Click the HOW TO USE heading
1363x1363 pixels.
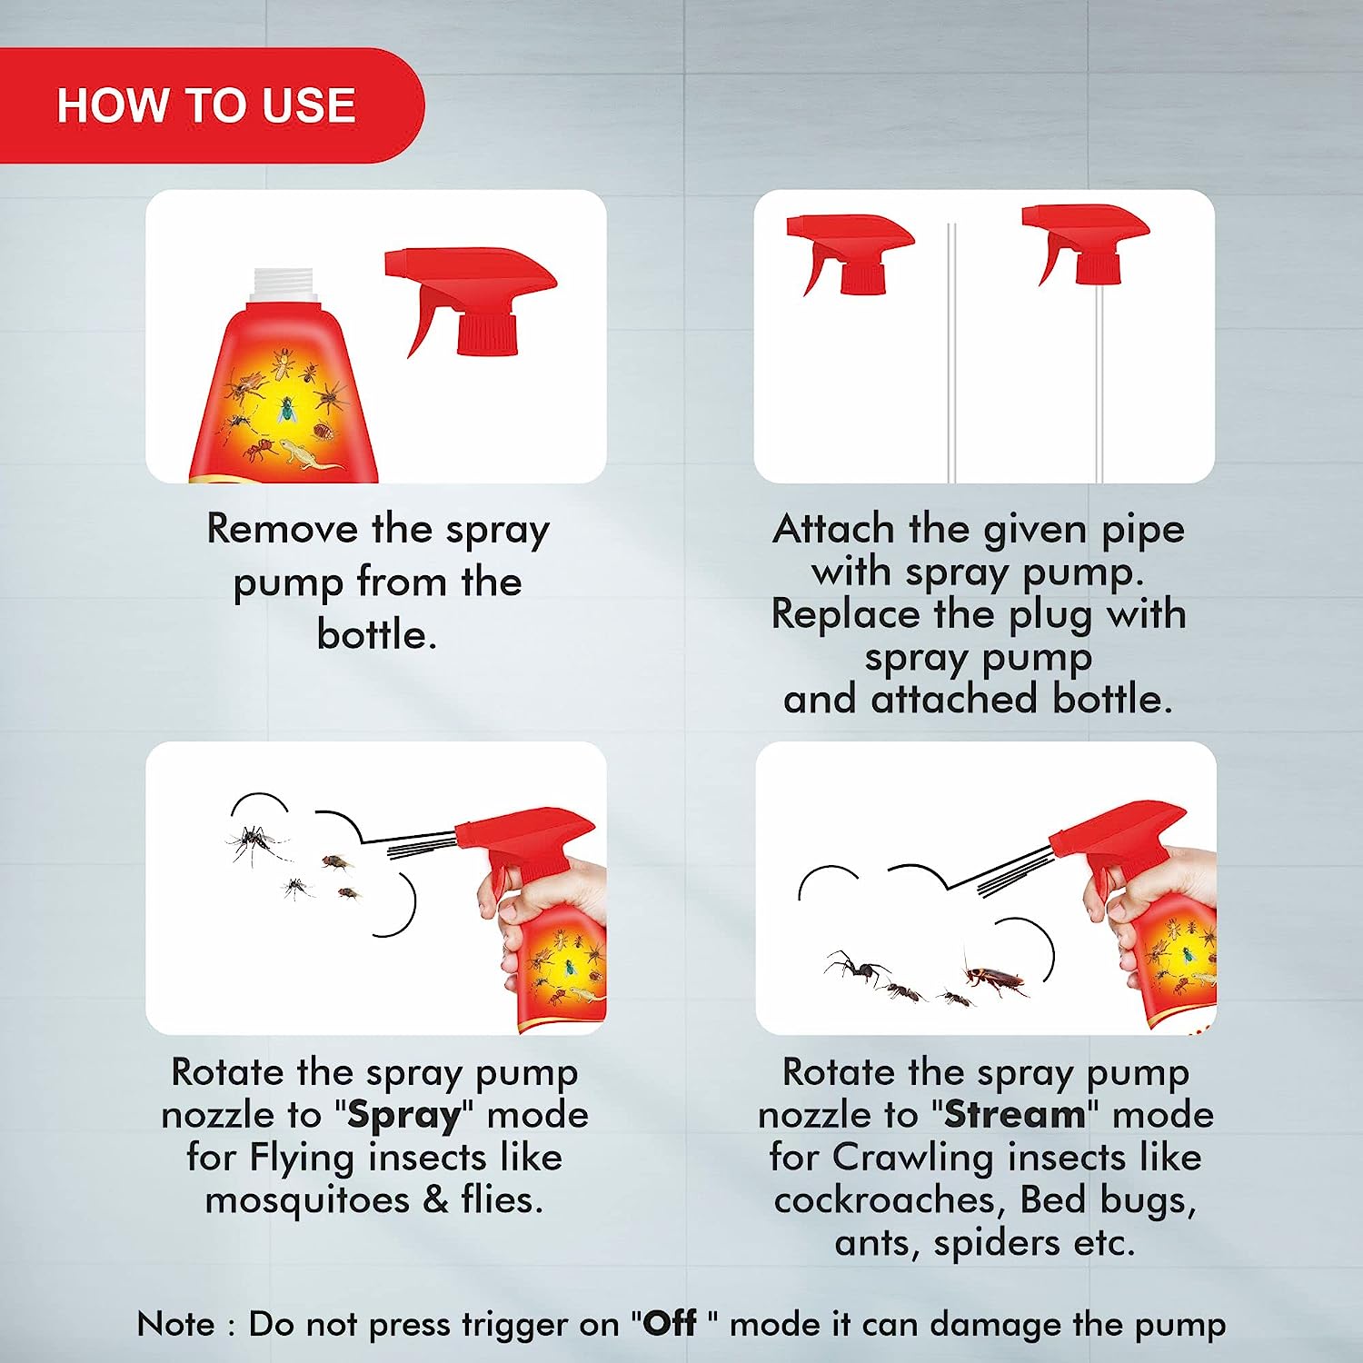point(206,105)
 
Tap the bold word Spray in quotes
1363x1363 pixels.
point(404,1116)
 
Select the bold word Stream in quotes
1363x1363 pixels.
point(1015,1114)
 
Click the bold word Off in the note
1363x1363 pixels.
point(670,1323)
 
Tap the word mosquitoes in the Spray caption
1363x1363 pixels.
point(308,1201)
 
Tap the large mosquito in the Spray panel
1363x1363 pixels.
point(256,844)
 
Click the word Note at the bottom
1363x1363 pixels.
point(176,1324)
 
